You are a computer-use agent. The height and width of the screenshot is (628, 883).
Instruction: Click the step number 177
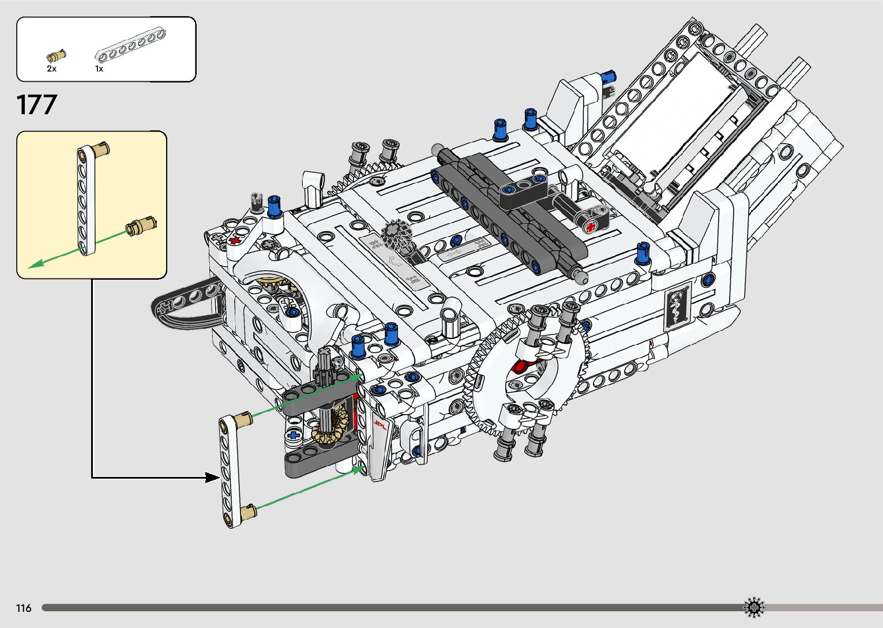tap(37, 105)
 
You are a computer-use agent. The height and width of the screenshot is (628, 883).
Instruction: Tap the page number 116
tap(24, 608)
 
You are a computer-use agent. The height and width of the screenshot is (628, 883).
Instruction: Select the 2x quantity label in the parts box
tap(51, 69)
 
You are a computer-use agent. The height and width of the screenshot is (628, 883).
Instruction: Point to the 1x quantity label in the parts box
tap(99, 69)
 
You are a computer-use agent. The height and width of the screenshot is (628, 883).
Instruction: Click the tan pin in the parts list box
tap(56, 56)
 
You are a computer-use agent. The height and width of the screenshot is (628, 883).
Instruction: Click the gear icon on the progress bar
tap(753, 607)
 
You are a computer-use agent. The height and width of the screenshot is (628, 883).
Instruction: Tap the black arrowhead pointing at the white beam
tap(213, 477)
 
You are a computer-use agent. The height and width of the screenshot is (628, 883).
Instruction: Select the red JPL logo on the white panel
tap(379, 425)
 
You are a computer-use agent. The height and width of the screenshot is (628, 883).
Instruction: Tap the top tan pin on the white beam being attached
tap(243, 417)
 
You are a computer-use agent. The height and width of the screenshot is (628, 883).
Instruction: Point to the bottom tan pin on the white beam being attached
tap(248, 512)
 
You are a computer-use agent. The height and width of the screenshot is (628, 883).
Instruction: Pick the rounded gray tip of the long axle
tap(582, 279)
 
